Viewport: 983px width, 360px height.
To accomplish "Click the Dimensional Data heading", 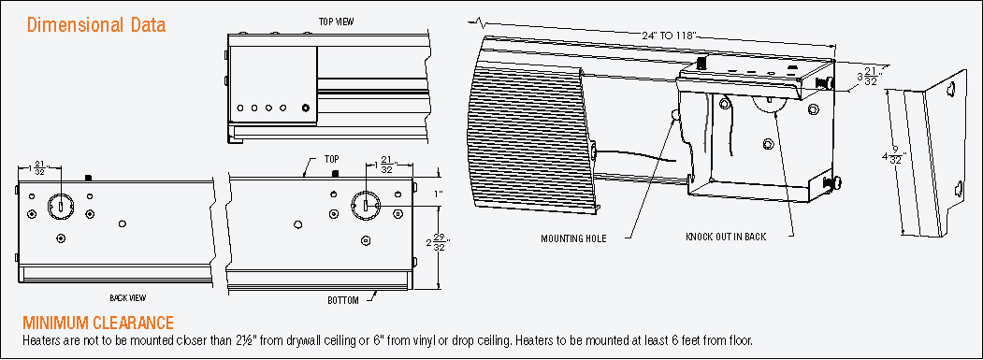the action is point(96,25).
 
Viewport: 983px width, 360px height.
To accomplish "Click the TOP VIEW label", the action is point(336,22).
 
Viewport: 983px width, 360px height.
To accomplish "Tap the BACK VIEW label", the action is point(128,298).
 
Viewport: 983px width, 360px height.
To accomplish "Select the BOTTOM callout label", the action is point(343,300).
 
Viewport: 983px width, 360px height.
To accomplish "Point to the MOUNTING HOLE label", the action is point(573,239).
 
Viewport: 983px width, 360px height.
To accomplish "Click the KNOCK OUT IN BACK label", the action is point(726,238).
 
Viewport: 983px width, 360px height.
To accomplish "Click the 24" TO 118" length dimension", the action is point(669,36).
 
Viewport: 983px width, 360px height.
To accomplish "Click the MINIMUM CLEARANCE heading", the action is point(98,323).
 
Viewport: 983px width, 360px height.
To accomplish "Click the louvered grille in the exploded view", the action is point(529,132).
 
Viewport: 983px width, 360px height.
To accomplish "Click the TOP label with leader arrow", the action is point(332,158).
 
